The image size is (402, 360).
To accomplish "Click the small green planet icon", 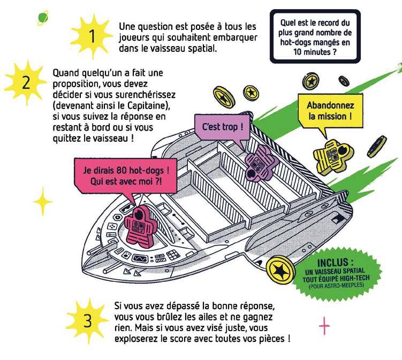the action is click(x=42, y=18).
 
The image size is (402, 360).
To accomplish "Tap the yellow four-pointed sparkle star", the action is click(x=43, y=203).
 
